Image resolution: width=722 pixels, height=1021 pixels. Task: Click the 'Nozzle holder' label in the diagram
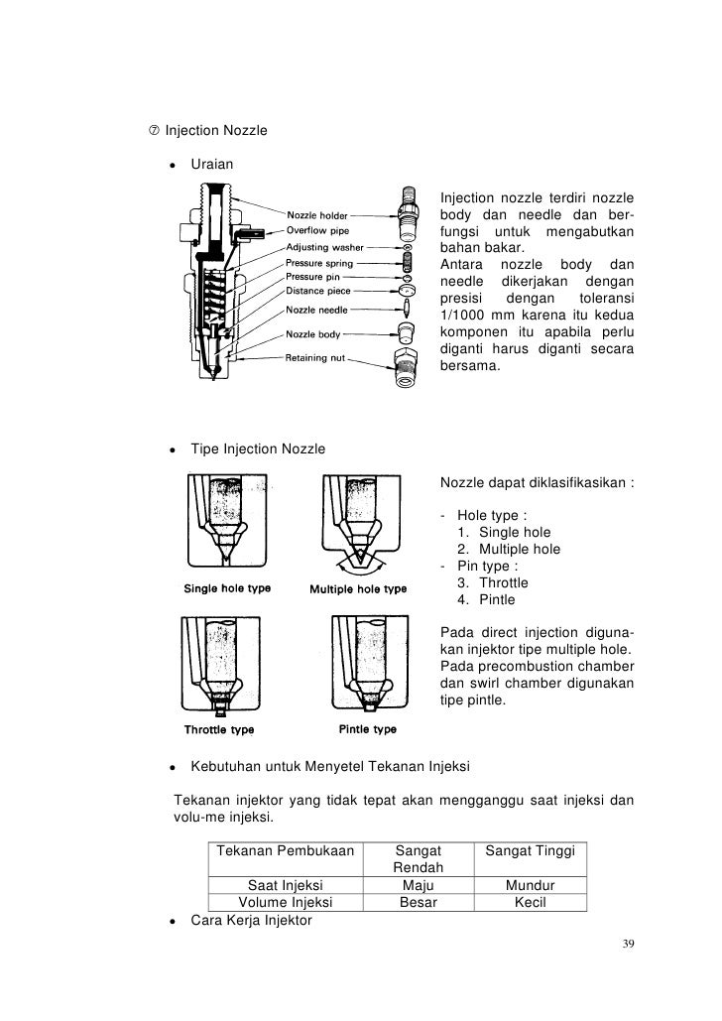point(317,212)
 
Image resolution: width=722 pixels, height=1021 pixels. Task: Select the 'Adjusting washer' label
point(325,246)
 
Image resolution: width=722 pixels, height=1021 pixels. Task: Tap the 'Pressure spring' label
point(320,262)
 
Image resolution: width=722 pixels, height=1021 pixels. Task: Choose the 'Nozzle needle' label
point(316,310)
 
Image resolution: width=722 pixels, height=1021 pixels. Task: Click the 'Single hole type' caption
point(227,588)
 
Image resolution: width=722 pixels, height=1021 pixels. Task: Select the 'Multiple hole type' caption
point(358,588)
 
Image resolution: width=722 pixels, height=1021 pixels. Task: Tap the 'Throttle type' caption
point(219,730)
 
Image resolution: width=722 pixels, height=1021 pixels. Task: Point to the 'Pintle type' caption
point(367,729)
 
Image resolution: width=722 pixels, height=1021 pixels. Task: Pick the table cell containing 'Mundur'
point(530,886)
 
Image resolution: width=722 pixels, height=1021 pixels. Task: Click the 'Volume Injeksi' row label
point(286,903)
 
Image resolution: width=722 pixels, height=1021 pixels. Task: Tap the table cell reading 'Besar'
point(418,903)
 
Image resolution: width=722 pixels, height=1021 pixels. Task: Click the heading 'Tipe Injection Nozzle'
point(257,449)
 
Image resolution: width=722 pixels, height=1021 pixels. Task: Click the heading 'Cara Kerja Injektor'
point(251,920)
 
